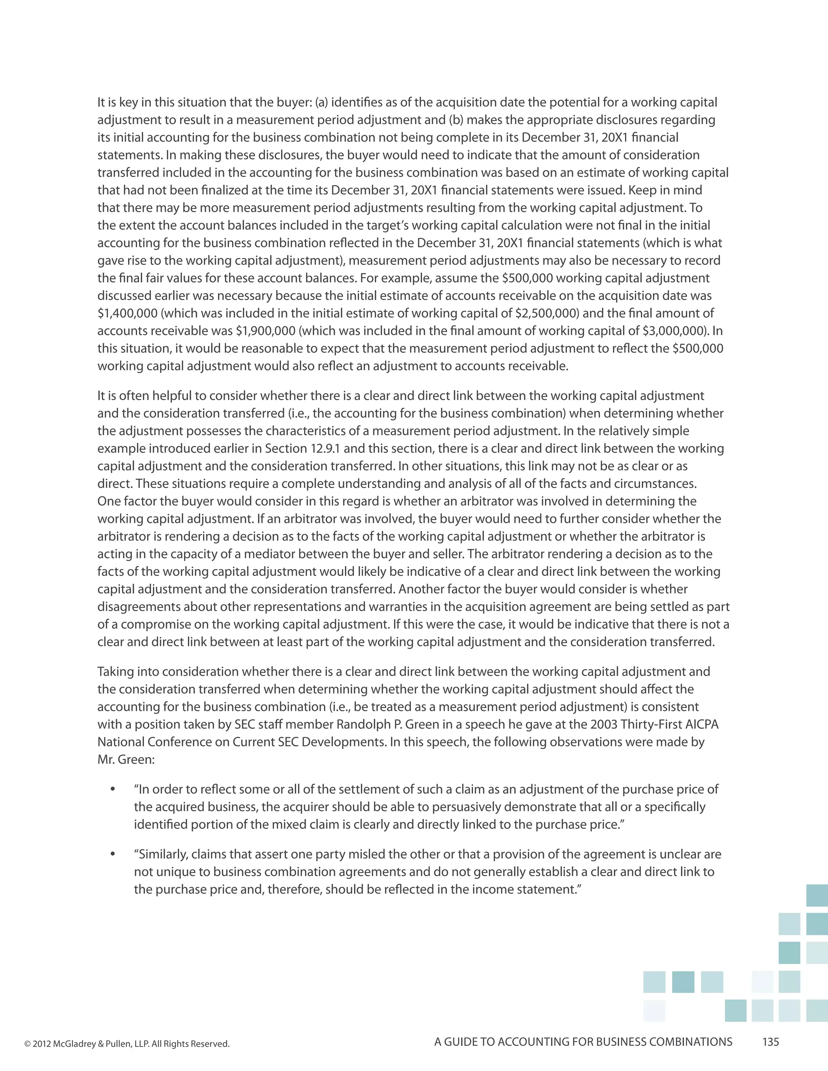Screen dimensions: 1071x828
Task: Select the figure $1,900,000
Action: (265, 331)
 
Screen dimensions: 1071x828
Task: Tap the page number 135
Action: (771, 1042)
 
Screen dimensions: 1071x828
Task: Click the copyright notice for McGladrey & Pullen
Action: (127, 1044)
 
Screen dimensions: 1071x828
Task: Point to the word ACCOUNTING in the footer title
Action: (531, 1042)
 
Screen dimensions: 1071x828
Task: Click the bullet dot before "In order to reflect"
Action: (113, 789)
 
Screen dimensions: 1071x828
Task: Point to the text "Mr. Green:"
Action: (126, 760)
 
